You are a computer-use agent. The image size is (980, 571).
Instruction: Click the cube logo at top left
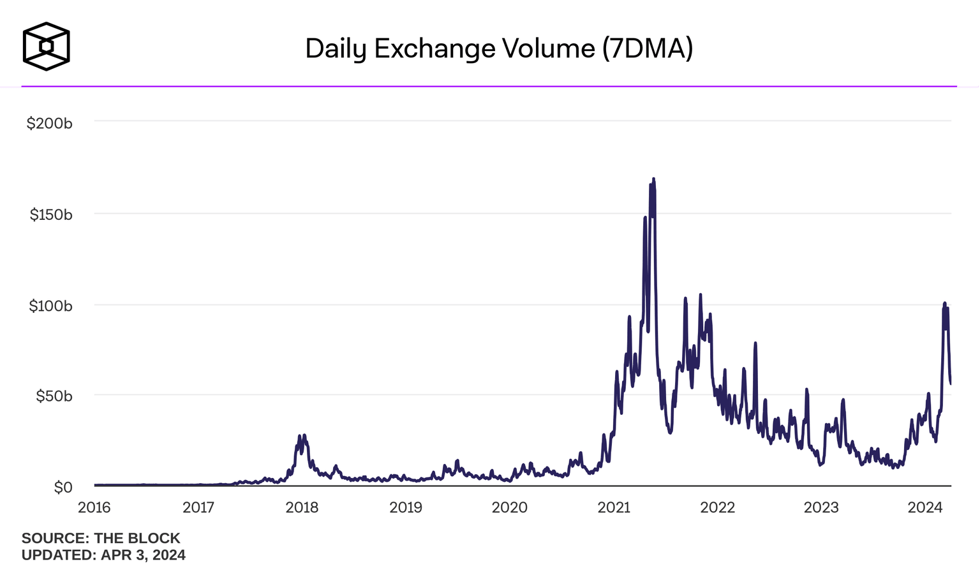point(46,47)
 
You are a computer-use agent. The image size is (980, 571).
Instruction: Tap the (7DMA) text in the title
point(647,49)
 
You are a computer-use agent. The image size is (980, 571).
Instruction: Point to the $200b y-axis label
point(49,124)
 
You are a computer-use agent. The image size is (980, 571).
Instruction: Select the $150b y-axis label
point(51,215)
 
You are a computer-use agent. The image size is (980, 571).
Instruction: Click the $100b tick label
point(50,306)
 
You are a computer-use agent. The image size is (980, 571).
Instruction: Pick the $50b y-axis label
point(54,396)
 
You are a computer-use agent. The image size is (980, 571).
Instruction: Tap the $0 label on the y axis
point(63,488)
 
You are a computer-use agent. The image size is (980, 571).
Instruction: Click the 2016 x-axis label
point(94,507)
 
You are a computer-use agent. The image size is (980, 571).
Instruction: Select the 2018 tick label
point(302,507)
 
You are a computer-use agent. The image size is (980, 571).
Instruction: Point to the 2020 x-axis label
point(509,507)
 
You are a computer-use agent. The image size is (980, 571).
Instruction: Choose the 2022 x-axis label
point(717,507)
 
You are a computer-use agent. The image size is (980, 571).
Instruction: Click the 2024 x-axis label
point(924,507)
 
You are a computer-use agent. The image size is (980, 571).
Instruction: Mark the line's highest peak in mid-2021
point(653,180)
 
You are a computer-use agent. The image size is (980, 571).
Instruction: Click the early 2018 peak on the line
point(304,435)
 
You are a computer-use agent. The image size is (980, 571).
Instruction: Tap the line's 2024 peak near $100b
point(945,304)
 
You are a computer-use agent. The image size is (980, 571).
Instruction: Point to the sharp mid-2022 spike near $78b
point(755,343)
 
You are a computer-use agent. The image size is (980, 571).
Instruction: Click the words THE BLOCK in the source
point(137,538)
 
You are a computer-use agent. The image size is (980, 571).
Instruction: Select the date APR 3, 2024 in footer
point(143,555)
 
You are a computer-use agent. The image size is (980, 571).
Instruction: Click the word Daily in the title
point(336,49)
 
